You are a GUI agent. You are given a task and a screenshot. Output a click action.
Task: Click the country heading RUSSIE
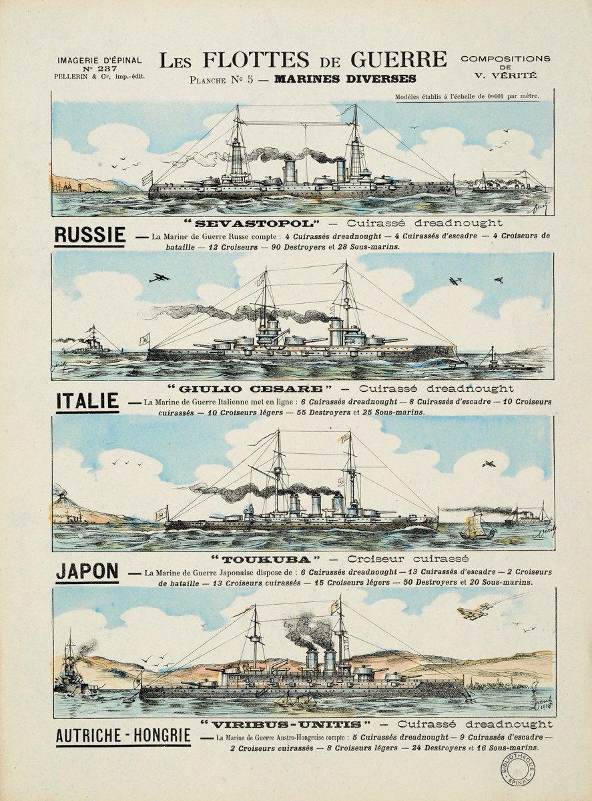coord(89,235)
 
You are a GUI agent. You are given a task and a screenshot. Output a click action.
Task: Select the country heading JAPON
coord(87,571)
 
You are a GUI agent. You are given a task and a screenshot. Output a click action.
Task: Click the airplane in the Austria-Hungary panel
coord(473,613)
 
